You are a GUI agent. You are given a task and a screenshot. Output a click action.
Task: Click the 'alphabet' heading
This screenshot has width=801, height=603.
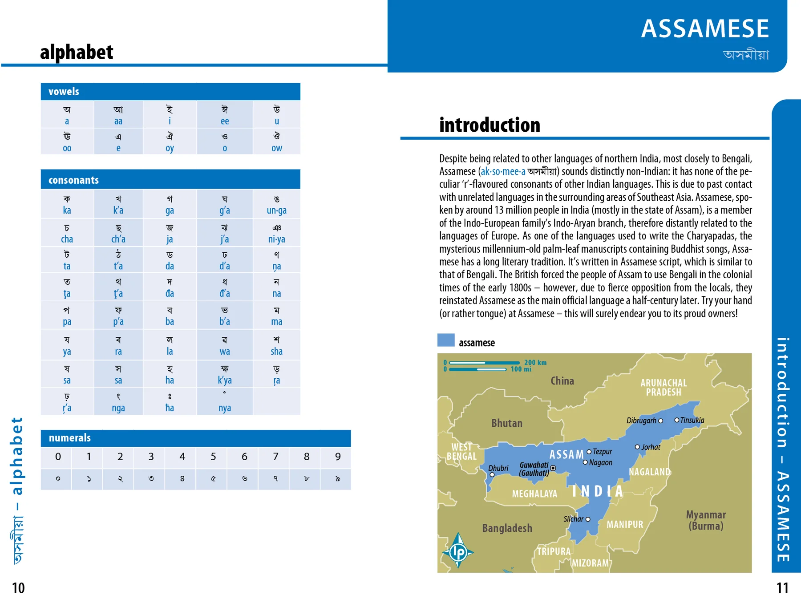click(77, 52)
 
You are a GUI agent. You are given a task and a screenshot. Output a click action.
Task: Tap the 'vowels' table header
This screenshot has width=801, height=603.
click(64, 92)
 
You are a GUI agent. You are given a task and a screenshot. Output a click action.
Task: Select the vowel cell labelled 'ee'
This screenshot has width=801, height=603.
click(225, 115)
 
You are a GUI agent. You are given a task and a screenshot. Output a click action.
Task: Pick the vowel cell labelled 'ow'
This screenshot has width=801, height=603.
click(276, 142)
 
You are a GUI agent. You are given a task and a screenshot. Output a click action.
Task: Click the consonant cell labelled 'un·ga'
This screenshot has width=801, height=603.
click(276, 204)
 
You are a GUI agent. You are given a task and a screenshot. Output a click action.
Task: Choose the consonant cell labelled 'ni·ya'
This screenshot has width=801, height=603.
click(276, 233)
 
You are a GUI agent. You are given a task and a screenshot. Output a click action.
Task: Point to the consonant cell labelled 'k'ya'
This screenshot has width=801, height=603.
click(225, 374)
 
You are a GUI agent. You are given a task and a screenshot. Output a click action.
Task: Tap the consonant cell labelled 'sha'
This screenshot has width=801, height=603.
click(276, 345)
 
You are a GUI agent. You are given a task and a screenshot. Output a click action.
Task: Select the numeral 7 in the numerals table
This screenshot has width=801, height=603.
click(275, 457)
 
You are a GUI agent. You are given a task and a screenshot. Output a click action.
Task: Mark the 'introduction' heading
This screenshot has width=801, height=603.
click(489, 125)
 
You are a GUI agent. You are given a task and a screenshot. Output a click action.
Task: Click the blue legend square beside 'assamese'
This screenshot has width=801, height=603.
click(446, 340)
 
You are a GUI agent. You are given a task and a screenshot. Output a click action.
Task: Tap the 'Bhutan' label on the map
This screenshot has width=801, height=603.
click(507, 423)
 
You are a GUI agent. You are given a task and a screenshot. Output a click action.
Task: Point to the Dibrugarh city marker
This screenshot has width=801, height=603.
click(660, 421)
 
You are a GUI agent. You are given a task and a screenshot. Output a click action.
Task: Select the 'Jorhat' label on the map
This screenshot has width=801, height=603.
click(651, 447)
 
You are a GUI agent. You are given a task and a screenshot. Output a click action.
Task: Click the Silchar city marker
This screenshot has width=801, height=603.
click(588, 519)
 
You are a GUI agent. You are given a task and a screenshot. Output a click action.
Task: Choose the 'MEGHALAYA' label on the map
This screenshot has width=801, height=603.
click(534, 494)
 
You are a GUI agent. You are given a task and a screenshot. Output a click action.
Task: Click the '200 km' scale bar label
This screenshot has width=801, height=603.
click(535, 363)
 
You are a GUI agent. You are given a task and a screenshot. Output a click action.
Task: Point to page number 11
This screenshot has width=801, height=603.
click(782, 588)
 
